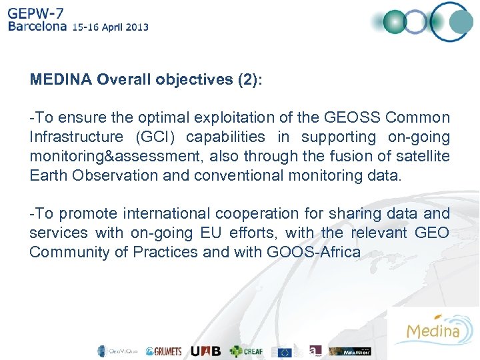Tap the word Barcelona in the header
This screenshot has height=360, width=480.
point(37,27)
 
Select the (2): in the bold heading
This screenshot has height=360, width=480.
point(250,80)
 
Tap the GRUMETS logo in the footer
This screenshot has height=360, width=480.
point(163,351)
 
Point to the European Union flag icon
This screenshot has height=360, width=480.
point(286,351)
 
